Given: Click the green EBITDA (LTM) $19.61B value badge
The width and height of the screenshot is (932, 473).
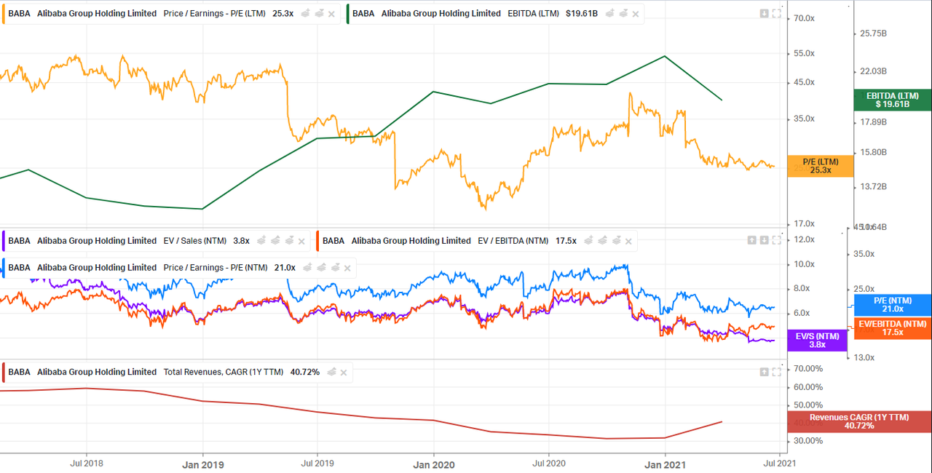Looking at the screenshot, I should pyautogui.click(x=893, y=100).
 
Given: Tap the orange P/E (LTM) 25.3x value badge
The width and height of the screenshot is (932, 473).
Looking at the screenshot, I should pyautogui.click(x=821, y=166).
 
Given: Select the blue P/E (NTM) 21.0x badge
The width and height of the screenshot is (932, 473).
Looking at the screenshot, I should pyautogui.click(x=893, y=305).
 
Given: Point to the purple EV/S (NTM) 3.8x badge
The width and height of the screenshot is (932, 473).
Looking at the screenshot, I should pyautogui.click(x=817, y=340).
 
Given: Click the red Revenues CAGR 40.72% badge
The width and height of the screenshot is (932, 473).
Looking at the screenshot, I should pyautogui.click(x=859, y=421).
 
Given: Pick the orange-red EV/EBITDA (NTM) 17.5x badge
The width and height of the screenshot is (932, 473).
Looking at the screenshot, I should pyautogui.click(x=893, y=328).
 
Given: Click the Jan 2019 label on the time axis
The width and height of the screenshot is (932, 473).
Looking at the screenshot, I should pyautogui.click(x=202, y=464).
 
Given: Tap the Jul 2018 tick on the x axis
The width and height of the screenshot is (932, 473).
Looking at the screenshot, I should pyautogui.click(x=86, y=463).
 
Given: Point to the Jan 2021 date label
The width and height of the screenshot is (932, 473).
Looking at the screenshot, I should pyautogui.click(x=665, y=464).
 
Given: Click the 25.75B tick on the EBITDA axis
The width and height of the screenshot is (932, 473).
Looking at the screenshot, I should pyautogui.click(x=874, y=33).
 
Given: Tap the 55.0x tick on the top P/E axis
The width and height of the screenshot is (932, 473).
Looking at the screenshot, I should pyautogui.click(x=804, y=54).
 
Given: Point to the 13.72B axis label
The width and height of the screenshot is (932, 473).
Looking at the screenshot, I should pyautogui.click(x=874, y=187).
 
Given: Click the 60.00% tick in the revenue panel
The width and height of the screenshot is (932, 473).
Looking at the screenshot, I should pyautogui.click(x=807, y=387).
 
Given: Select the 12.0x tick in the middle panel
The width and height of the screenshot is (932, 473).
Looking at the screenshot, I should pyautogui.click(x=804, y=239).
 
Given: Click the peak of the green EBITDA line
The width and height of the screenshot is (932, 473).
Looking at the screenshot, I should pyautogui.click(x=665, y=56).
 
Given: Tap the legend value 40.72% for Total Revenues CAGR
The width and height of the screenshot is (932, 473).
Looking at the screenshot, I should pyautogui.click(x=304, y=372).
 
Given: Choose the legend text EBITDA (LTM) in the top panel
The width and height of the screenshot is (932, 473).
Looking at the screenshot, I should pyautogui.click(x=533, y=14).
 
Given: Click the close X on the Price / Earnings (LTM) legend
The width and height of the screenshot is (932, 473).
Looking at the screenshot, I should pyautogui.click(x=332, y=14).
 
